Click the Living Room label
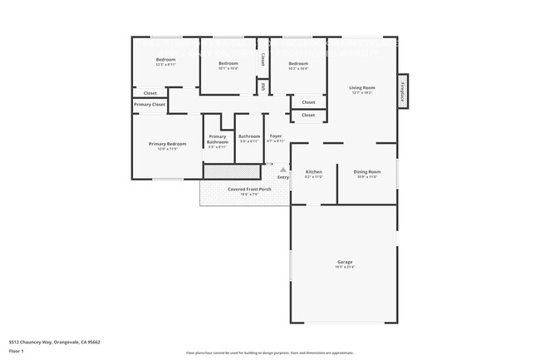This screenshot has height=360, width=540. [x=362, y=87]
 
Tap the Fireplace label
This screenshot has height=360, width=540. [x=402, y=90]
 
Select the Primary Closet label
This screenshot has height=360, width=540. [x=150, y=104]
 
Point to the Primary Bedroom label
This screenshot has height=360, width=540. [x=167, y=144]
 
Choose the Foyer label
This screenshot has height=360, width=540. [x=275, y=136]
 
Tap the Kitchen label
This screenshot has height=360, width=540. [x=313, y=172]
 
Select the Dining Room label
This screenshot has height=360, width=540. [x=367, y=172]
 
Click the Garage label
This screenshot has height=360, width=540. [x=344, y=262]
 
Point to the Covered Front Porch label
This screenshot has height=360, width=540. [x=249, y=189]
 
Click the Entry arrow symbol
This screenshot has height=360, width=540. [x=282, y=169]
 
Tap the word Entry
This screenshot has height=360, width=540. [x=282, y=177]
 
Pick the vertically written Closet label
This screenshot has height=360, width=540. [x=263, y=59]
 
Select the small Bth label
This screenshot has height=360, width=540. [x=263, y=85]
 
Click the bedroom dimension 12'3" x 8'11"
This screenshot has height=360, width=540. [x=166, y=64]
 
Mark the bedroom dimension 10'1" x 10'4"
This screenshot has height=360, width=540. [x=228, y=68]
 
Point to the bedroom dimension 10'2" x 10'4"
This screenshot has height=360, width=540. [x=298, y=68]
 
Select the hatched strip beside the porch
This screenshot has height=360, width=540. [x=233, y=170]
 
